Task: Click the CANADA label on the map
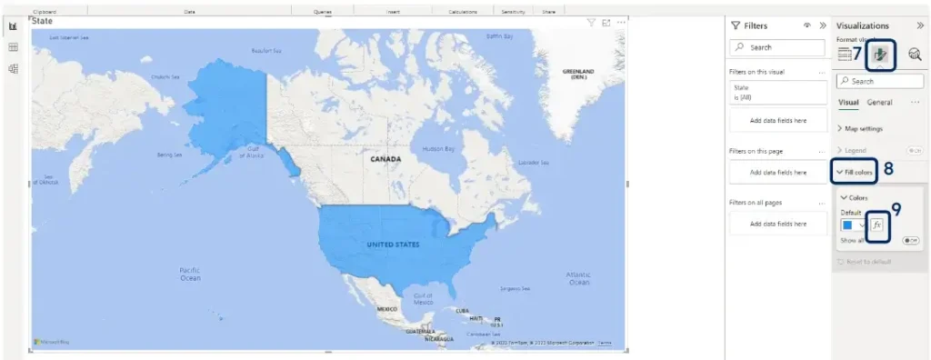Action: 385,158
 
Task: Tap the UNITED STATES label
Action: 393,245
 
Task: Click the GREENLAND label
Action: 578,74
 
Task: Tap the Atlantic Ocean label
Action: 578,276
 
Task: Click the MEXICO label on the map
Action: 386,309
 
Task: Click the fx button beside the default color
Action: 876,225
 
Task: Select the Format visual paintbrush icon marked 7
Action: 880,55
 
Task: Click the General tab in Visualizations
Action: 879,103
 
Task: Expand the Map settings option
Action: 864,128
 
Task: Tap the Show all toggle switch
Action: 909,241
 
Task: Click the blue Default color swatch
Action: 847,225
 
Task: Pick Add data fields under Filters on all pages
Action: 777,224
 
